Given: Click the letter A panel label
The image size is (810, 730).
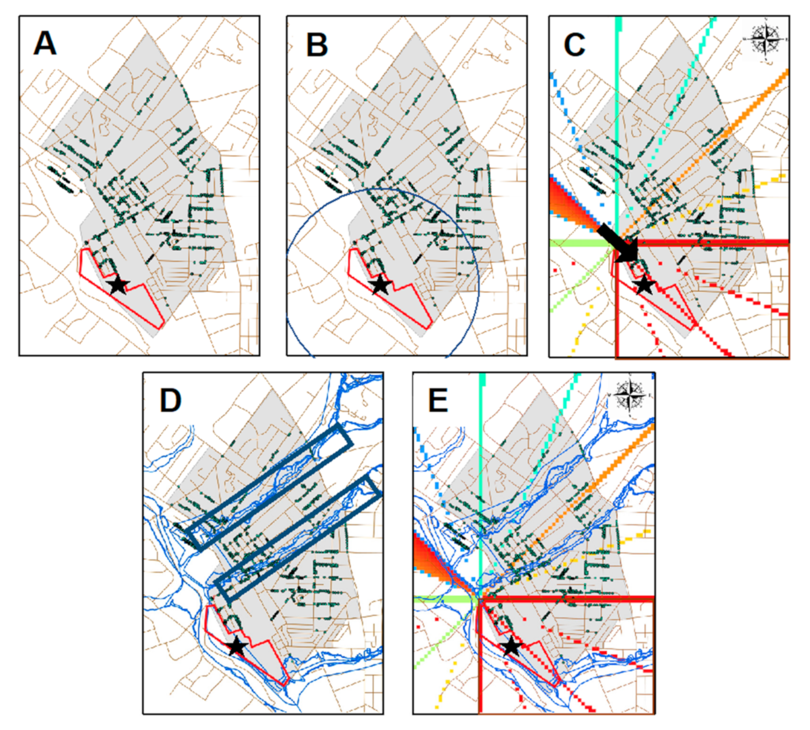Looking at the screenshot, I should click(x=45, y=43).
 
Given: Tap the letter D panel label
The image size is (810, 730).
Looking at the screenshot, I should click(x=170, y=400).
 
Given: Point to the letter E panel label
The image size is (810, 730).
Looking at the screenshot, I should click(x=438, y=400).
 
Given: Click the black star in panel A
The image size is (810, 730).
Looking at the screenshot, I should click(x=118, y=285).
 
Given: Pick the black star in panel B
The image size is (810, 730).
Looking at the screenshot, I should click(x=381, y=285).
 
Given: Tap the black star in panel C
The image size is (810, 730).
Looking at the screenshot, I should click(x=644, y=285).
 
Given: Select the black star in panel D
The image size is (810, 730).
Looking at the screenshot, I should click(x=237, y=647).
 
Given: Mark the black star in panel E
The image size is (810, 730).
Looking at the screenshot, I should click(x=511, y=647).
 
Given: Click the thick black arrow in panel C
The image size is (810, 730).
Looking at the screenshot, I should click(x=619, y=244).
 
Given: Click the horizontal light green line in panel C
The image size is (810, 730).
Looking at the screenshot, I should click(x=579, y=243).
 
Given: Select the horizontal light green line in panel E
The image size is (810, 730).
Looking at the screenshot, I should click(x=442, y=599).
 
